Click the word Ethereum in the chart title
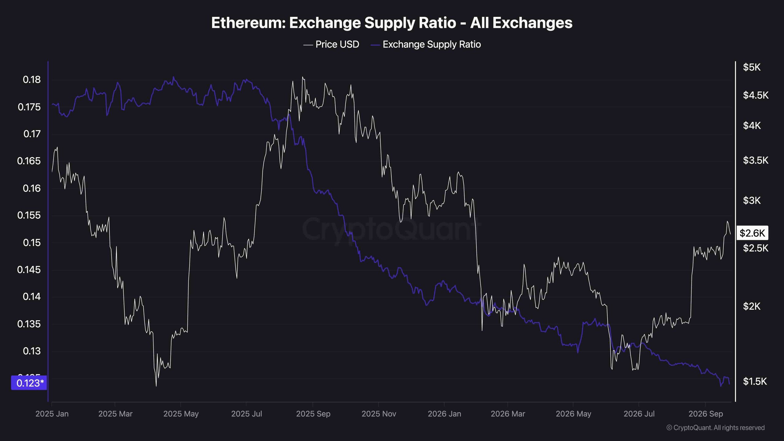(x=248, y=23)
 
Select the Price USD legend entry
(x=331, y=44)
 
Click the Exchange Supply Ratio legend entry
(x=426, y=44)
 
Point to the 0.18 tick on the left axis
(x=32, y=80)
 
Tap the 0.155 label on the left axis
(x=29, y=215)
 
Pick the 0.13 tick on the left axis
(x=32, y=351)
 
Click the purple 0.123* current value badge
(x=29, y=383)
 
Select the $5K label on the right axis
(x=752, y=67)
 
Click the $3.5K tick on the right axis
(x=756, y=160)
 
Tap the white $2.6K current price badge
(x=752, y=233)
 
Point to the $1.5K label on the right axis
(x=755, y=381)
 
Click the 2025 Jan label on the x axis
(x=52, y=414)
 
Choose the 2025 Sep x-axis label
(x=313, y=414)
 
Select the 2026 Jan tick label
(x=444, y=414)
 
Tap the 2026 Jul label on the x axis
(x=639, y=414)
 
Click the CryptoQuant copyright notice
(x=715, y=428)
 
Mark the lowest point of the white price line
(x=156, y=386)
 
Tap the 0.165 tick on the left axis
(x=29, y=161)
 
